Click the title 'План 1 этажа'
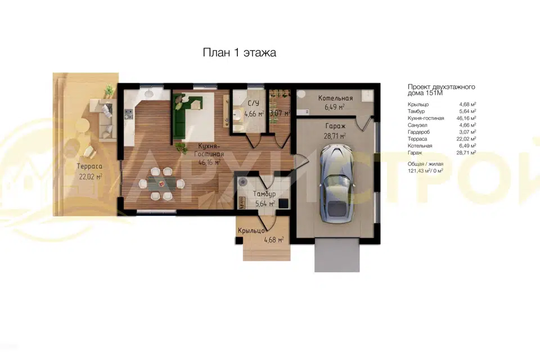pos(240,53)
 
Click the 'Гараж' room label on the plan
pos(335,127)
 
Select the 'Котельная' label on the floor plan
pos(335,98)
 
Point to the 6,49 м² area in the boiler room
pos(335,107)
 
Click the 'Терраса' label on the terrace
pos(89,166)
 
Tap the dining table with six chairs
pos(161,184)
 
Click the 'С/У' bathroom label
pos(254,103)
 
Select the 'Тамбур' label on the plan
pos(264,194)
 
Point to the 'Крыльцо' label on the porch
pos(251,231)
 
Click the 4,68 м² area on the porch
pos(274,240)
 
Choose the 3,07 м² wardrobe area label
pos(280,113)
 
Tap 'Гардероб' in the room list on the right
pos(418,132)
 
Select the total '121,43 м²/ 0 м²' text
pos(425,171)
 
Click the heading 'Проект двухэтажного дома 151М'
pos(442,90)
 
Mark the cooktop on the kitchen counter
pos(128,114)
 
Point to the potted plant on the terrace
pos(109,90)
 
